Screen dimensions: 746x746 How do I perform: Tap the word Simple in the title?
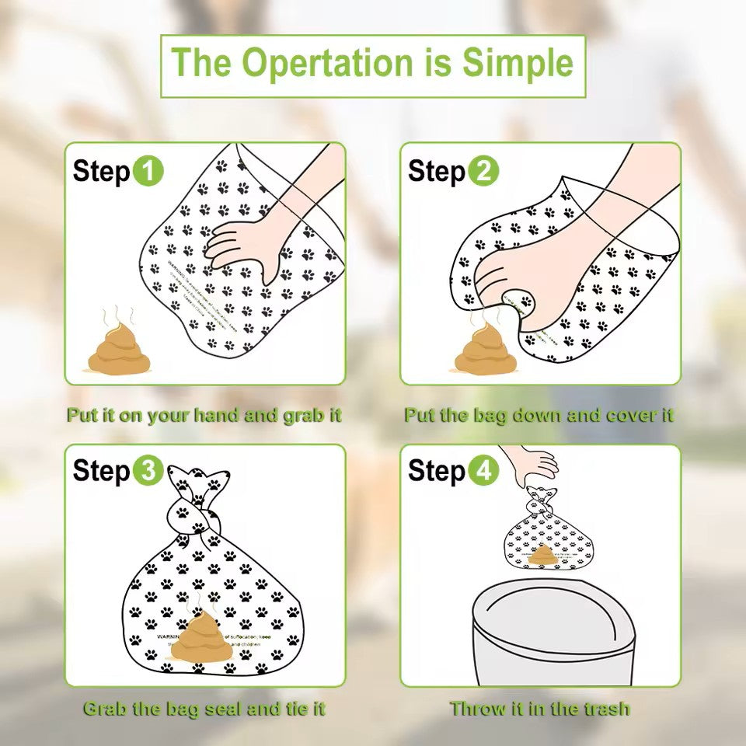(518, 64)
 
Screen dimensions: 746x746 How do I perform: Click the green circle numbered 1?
(148, 171)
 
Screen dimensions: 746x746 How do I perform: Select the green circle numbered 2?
(484, 171)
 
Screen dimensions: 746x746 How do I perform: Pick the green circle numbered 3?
(148, 471)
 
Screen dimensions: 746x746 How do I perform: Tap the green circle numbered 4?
(484, 471)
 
